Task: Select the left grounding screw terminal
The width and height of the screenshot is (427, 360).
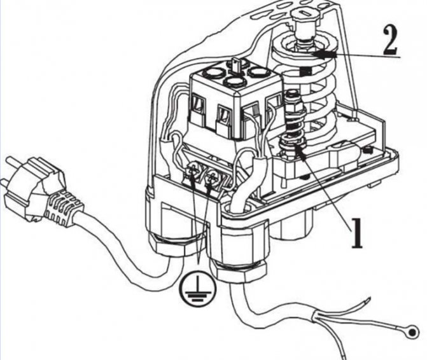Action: click(192, 170)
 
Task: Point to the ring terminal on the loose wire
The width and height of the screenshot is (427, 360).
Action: click(416, 332)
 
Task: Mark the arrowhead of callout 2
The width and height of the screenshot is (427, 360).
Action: click(318, 55)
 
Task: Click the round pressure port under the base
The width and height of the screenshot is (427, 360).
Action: click(295, 223)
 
